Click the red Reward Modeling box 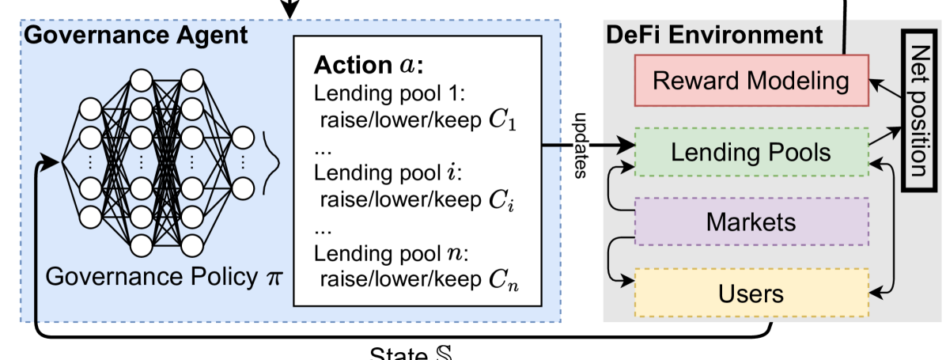point(751,81)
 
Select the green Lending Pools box point(751,152)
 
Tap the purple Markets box point(751,222)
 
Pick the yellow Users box point(751,294)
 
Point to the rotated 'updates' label point(581,151)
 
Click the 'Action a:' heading point(369,64)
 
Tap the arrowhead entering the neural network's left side point(55,163)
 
